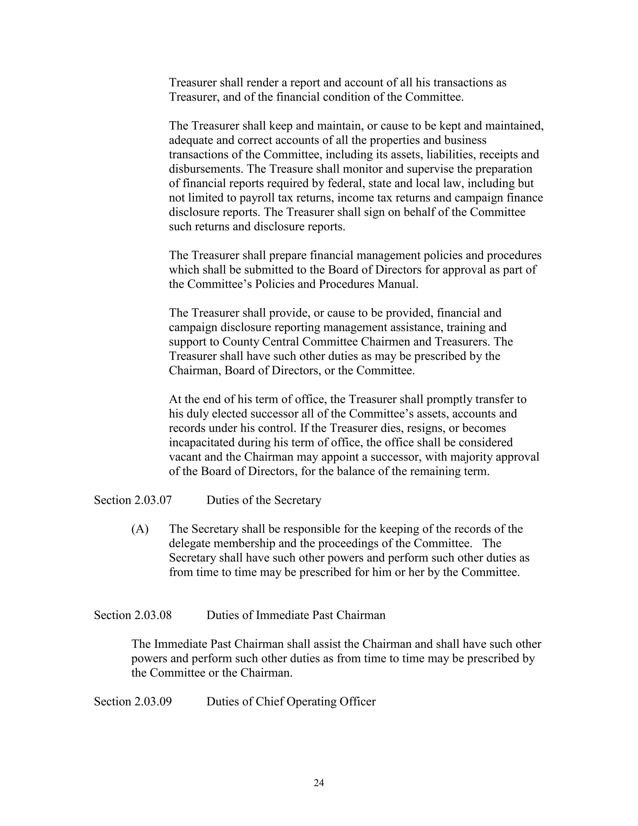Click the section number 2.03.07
[x=153, y=500]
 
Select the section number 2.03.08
[x=153, y=615]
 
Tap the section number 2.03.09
[x=153, y=702]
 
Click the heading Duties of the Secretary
[x=264, y=500]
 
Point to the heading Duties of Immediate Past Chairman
[x=296, y=615]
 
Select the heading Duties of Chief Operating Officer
[x=291, y=702]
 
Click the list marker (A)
[x=140, y=529]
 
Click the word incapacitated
[x=202, y=443]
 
